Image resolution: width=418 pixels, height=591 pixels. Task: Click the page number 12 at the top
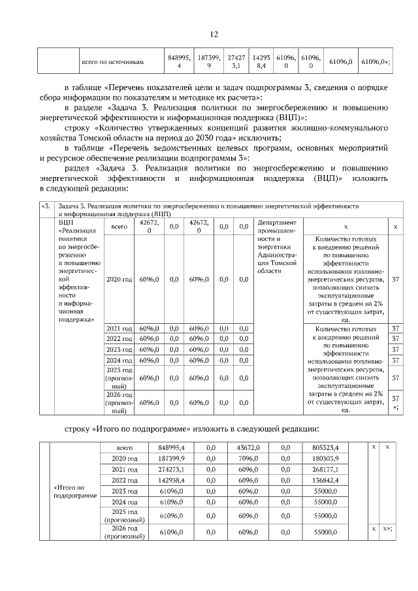coord(214,35)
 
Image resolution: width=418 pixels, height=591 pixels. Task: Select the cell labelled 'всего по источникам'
coord(112,62)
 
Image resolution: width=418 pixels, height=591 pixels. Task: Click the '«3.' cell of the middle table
coord(45,206)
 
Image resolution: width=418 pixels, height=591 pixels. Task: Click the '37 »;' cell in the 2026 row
coord(394,402)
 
